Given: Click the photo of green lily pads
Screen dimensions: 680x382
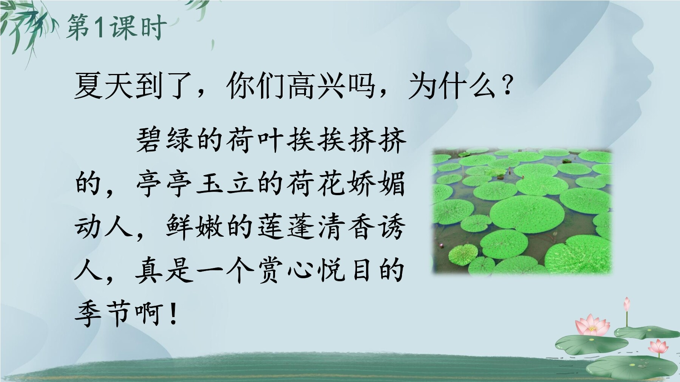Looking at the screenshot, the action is point(522,211).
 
